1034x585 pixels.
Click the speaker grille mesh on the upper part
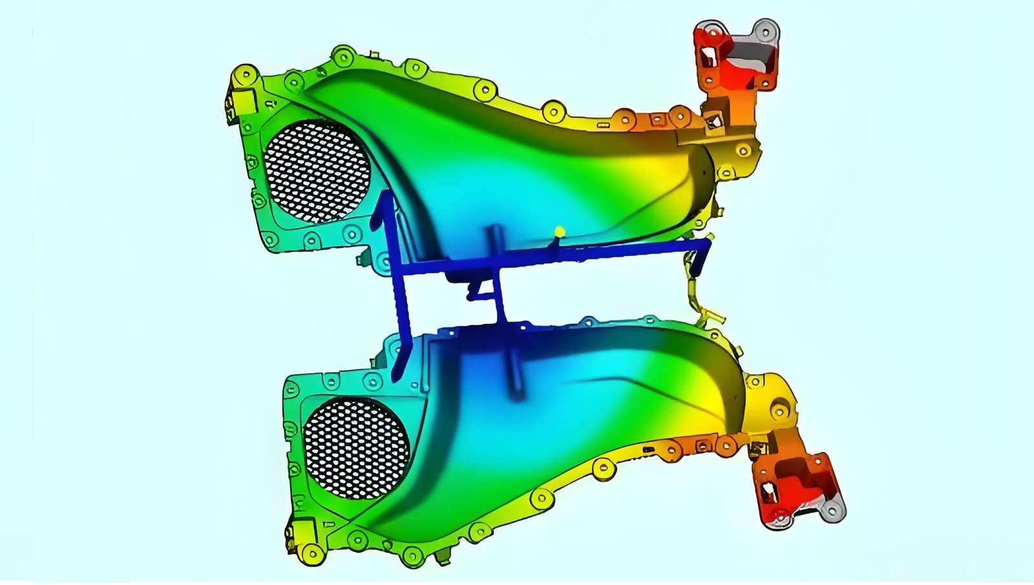tap(317, 171)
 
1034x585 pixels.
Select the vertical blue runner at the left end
tap(394, 284)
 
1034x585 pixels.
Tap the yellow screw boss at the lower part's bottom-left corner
tap(313, 553)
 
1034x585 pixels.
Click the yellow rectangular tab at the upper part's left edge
tap(243, 100)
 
